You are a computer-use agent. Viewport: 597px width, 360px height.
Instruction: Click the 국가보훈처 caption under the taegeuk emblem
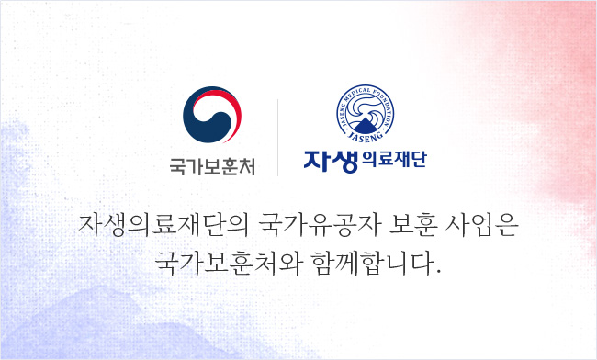[212, 167]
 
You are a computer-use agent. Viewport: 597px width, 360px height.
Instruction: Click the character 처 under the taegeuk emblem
[246, 167]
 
